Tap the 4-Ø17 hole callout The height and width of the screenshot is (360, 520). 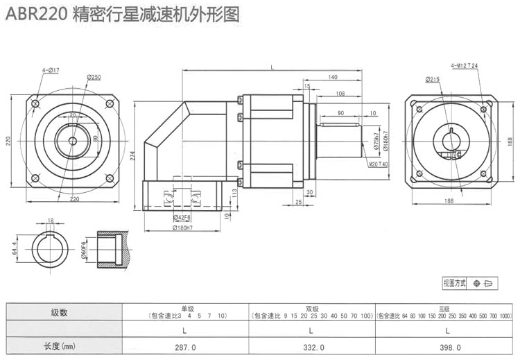(x=51, y=70)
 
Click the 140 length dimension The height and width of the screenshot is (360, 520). (x=333, y=77)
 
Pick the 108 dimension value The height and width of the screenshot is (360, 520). (x=340, y=93)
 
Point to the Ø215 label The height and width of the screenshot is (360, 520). (x=433, y=80)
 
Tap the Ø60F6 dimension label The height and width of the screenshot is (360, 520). (x=83, y=248)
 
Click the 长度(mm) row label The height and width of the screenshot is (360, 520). (x=59, y=346)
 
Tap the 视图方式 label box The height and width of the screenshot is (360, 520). (x=455, y=283)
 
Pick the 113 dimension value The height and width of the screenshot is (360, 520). (x=234, y=194)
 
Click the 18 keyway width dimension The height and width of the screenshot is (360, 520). (x=51, y=220)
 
